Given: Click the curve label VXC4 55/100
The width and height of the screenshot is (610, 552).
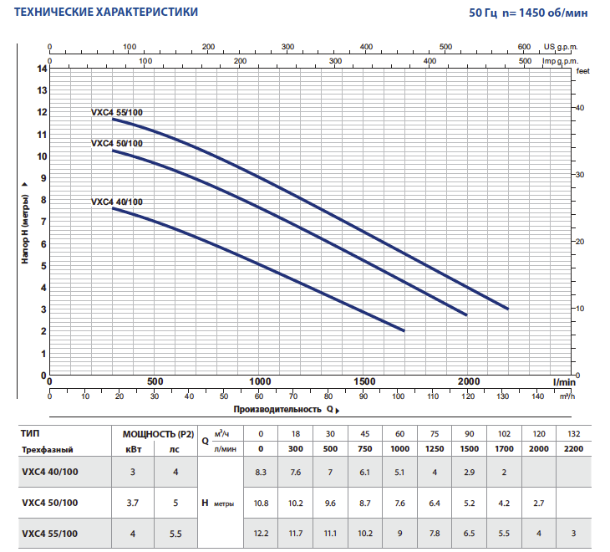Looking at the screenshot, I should [x=122, y=111].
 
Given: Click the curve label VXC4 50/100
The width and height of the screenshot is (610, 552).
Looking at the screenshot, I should [x=117, y=143].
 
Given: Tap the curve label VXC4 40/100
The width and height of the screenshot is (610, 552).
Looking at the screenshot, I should [x=117, y=202].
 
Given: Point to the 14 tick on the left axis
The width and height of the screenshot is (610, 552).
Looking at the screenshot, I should [x=42, y=68].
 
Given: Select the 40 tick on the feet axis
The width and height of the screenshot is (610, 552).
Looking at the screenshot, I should [x=579, y=108].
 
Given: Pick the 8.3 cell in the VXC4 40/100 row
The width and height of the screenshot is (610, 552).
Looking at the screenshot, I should [x=261, y=473].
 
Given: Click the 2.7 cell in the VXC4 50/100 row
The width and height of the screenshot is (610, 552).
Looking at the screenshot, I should [x=538, y=503].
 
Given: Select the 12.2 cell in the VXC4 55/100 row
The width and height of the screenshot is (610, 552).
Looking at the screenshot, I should [x=261, y=534].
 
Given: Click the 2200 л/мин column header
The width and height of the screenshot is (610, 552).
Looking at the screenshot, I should [x=573, y=449].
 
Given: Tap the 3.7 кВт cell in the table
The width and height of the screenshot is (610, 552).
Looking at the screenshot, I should [x=132, y=503].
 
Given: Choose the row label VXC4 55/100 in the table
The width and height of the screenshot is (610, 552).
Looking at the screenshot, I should [x=50, y=534].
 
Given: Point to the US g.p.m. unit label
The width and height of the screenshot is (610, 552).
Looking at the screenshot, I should [x=561, y=48].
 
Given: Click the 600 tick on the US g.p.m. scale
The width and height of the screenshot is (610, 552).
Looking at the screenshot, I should [x=524, y=47].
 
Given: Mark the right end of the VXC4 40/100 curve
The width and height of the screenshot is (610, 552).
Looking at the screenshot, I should [x=404, y=330].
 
